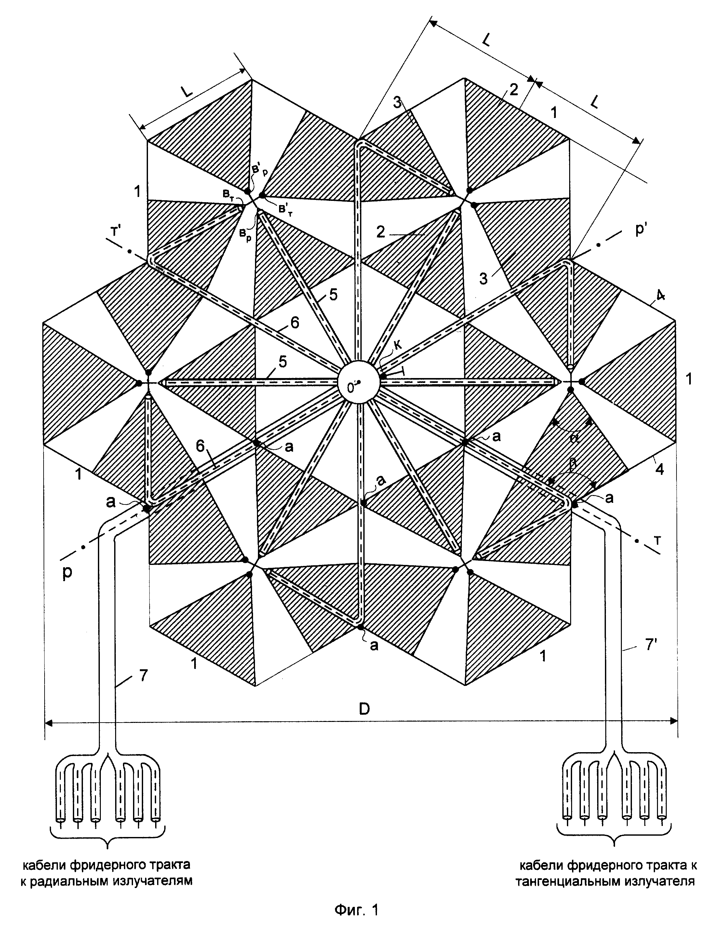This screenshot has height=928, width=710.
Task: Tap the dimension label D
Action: click(x=364, y=709)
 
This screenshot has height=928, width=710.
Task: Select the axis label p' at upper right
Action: click(x=640, y=232)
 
